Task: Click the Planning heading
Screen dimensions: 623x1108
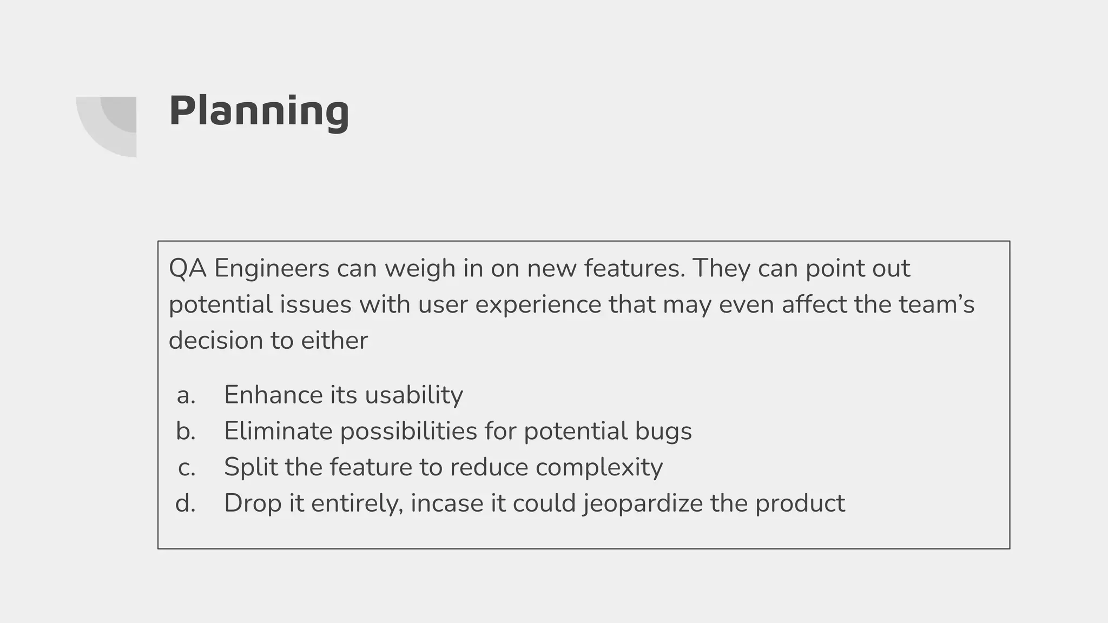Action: [259, 111]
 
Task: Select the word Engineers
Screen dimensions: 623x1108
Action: [272, 268]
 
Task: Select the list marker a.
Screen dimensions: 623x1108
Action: [186, 395]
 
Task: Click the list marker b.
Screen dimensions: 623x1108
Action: [186, 431]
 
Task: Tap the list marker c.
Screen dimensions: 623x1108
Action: [186, 467]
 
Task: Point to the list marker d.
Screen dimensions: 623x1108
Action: [186, 503]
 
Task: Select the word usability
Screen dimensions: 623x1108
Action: [413, 395]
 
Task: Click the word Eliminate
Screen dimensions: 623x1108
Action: [278, 431]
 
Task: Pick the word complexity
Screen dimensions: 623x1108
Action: [599, 467]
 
